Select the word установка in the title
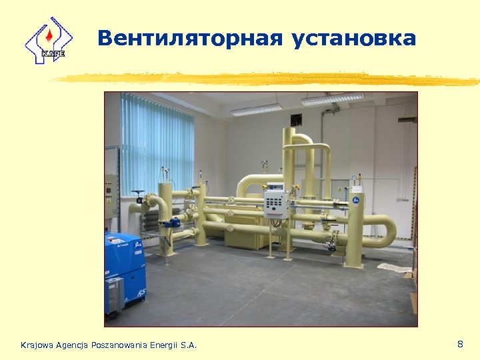353,38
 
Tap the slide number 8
460,344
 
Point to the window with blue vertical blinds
157,143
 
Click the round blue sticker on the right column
355,199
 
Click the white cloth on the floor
393,267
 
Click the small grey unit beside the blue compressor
114,294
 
